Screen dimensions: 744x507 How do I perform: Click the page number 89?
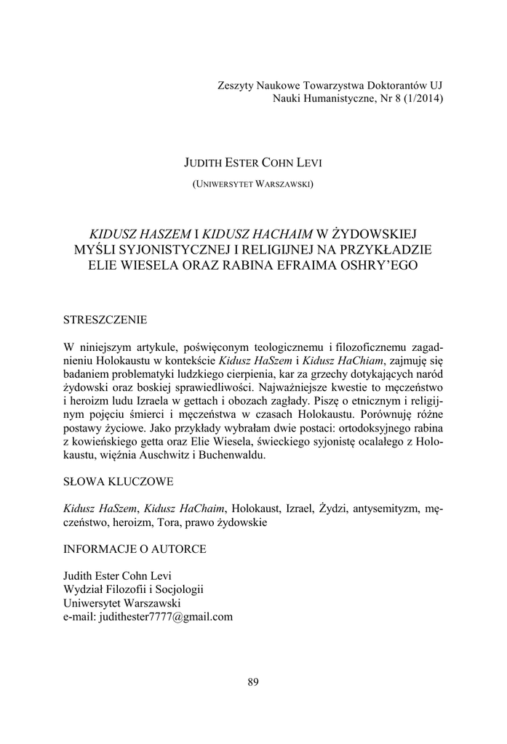coord(253,682)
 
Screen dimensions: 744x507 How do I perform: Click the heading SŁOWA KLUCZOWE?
coord(119,482)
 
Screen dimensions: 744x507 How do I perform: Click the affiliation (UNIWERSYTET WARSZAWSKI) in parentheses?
coord(253,185)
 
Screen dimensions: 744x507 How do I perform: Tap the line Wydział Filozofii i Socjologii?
coord(134,589)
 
